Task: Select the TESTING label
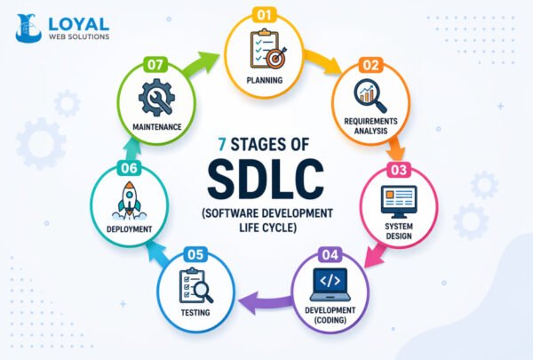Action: click(x=196, y=313)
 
